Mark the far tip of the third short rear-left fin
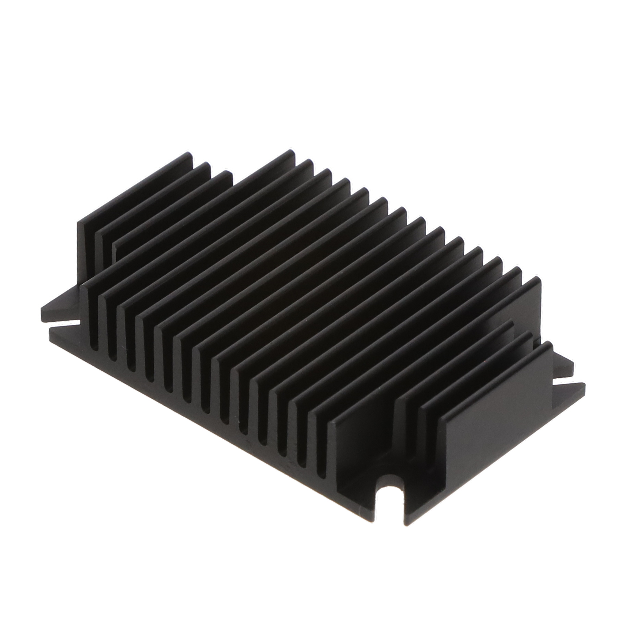click(x=227, y=175)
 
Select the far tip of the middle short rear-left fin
click(x=206, y=166)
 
